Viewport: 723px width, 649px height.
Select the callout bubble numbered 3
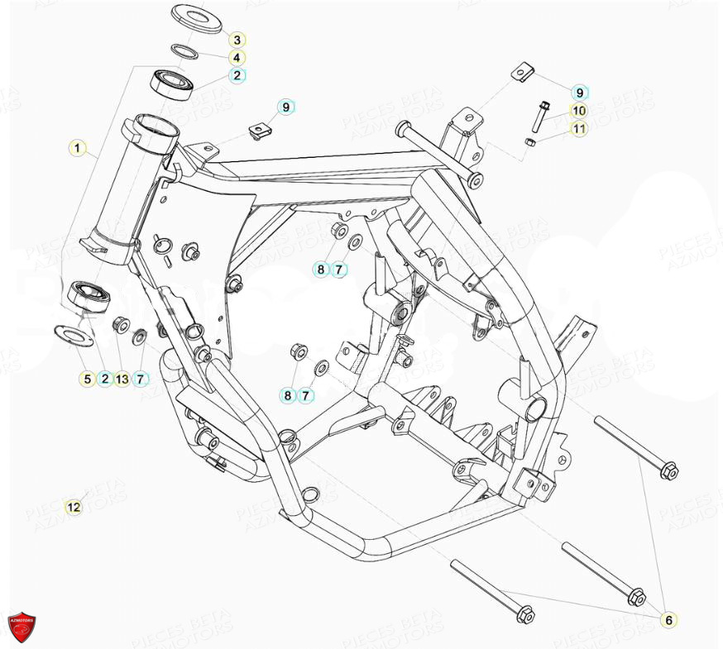(x=237, y=40)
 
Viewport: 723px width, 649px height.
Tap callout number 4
(x=237, y=58)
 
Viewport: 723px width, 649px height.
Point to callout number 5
(x=87, y=379)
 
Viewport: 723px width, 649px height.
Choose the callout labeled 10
(x=578, y=110)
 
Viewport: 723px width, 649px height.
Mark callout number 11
(x=578, y=128)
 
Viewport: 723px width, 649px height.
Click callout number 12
(x=74, y=507)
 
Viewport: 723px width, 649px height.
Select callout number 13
(x=122, y=379)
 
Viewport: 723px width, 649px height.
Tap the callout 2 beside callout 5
(x=104, y=379)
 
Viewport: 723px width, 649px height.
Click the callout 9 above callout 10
(x=579, y=93)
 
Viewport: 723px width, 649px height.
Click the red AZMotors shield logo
(x=22, y=626)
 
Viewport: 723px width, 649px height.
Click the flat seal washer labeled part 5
(x=69, y=334)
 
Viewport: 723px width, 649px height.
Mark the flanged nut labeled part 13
(x=119, y=323)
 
